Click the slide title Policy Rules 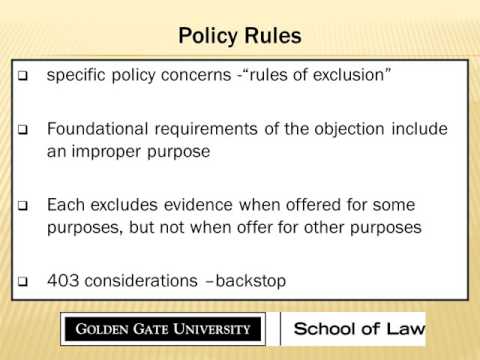point(239,37)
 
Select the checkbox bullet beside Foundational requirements point(24,131)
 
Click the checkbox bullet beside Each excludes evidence point(24,205)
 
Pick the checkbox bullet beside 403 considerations point(24,282)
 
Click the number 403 point(62,281)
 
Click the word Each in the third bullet point(64,204)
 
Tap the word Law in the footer point(404,328)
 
